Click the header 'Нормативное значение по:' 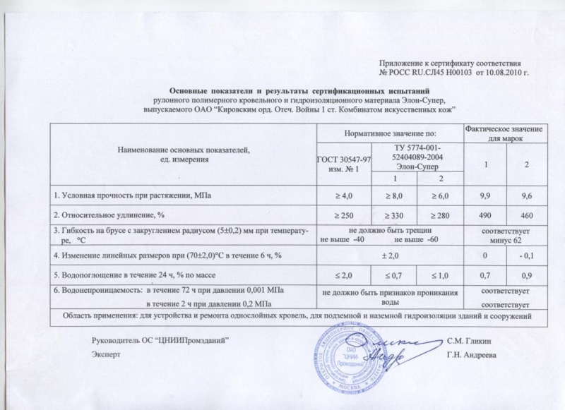tap(391, 133)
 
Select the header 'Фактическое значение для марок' tap(504, 132)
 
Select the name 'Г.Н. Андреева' tap(471, 355)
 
